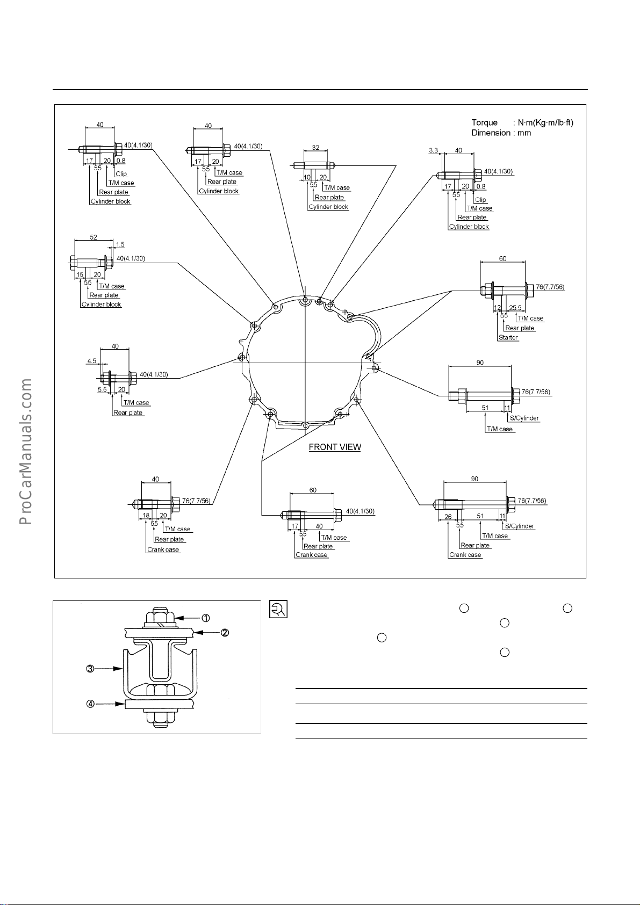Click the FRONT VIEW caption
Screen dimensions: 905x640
335,447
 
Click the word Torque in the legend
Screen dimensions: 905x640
484,122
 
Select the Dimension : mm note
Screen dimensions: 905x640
501,133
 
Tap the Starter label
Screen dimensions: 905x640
508,338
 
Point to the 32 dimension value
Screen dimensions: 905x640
315,147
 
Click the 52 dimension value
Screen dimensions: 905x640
94,237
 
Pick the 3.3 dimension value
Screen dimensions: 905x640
434,151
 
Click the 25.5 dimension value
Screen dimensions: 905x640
515,308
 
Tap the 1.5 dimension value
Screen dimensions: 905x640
120,244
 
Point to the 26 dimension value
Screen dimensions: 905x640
448,516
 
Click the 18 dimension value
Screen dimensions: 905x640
146,515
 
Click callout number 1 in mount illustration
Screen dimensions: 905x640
205,618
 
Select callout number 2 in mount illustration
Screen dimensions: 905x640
225,633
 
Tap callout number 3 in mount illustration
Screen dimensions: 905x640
90,669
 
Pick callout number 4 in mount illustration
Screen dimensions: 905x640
91,704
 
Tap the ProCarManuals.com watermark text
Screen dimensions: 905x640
25,452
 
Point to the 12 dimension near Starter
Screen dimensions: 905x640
498,308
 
